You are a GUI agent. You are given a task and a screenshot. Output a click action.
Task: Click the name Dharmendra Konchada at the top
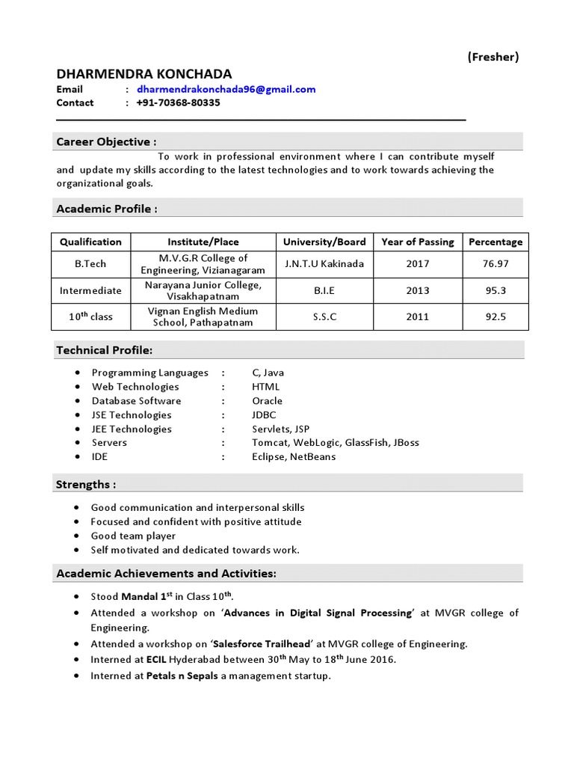coord(144,73)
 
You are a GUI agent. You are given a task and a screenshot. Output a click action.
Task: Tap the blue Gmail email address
coord(226,89)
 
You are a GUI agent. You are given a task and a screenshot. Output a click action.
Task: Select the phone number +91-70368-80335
coord(178,102)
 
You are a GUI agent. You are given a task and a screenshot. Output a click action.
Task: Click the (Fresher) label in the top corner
coord(493,57)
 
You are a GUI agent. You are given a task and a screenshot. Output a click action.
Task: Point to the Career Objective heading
coord(106,141)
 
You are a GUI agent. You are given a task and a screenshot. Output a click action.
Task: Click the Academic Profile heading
coord(107,209)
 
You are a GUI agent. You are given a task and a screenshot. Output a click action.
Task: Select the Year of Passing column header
coord(417,242)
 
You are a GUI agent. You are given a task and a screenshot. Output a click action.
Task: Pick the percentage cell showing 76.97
coord(496,264)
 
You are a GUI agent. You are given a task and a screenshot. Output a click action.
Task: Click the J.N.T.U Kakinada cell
coord(324,264)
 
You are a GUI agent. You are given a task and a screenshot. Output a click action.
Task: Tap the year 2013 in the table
coord(417,290)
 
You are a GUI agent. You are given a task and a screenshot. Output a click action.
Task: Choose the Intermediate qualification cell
coord(91,290)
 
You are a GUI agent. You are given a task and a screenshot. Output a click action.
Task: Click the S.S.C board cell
coord(324,316)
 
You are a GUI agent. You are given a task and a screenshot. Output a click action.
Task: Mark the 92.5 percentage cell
coord(496,316)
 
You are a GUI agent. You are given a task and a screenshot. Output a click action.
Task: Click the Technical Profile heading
coord(105,350)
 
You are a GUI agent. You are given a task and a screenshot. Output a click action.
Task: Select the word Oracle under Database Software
coord(267,401)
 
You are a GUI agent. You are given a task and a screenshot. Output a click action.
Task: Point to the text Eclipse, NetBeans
coord(294,457)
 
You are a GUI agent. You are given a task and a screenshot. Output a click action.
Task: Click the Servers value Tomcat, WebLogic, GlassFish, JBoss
coord(335,443)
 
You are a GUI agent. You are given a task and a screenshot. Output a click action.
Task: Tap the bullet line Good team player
coord(133,536)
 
